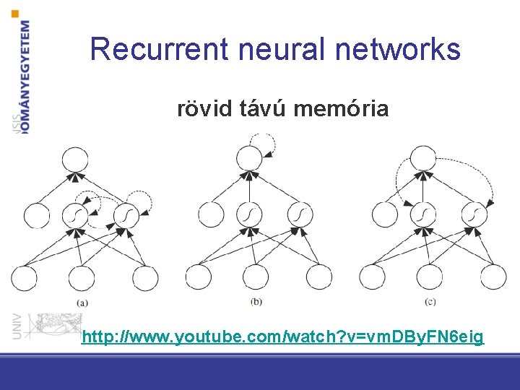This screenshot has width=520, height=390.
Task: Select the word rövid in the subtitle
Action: coord(204,109)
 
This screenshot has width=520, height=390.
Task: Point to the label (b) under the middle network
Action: coord(256,300)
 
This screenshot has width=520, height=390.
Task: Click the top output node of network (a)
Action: coord(75,159)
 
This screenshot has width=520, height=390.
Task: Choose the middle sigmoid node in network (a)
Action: coord(75,214)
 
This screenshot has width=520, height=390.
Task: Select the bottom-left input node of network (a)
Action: coord(23,277)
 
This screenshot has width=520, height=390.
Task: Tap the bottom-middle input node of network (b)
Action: coord(256,277)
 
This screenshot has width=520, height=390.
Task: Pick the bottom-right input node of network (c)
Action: coord(493,277)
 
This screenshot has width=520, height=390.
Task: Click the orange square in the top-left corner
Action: coord(16,12)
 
